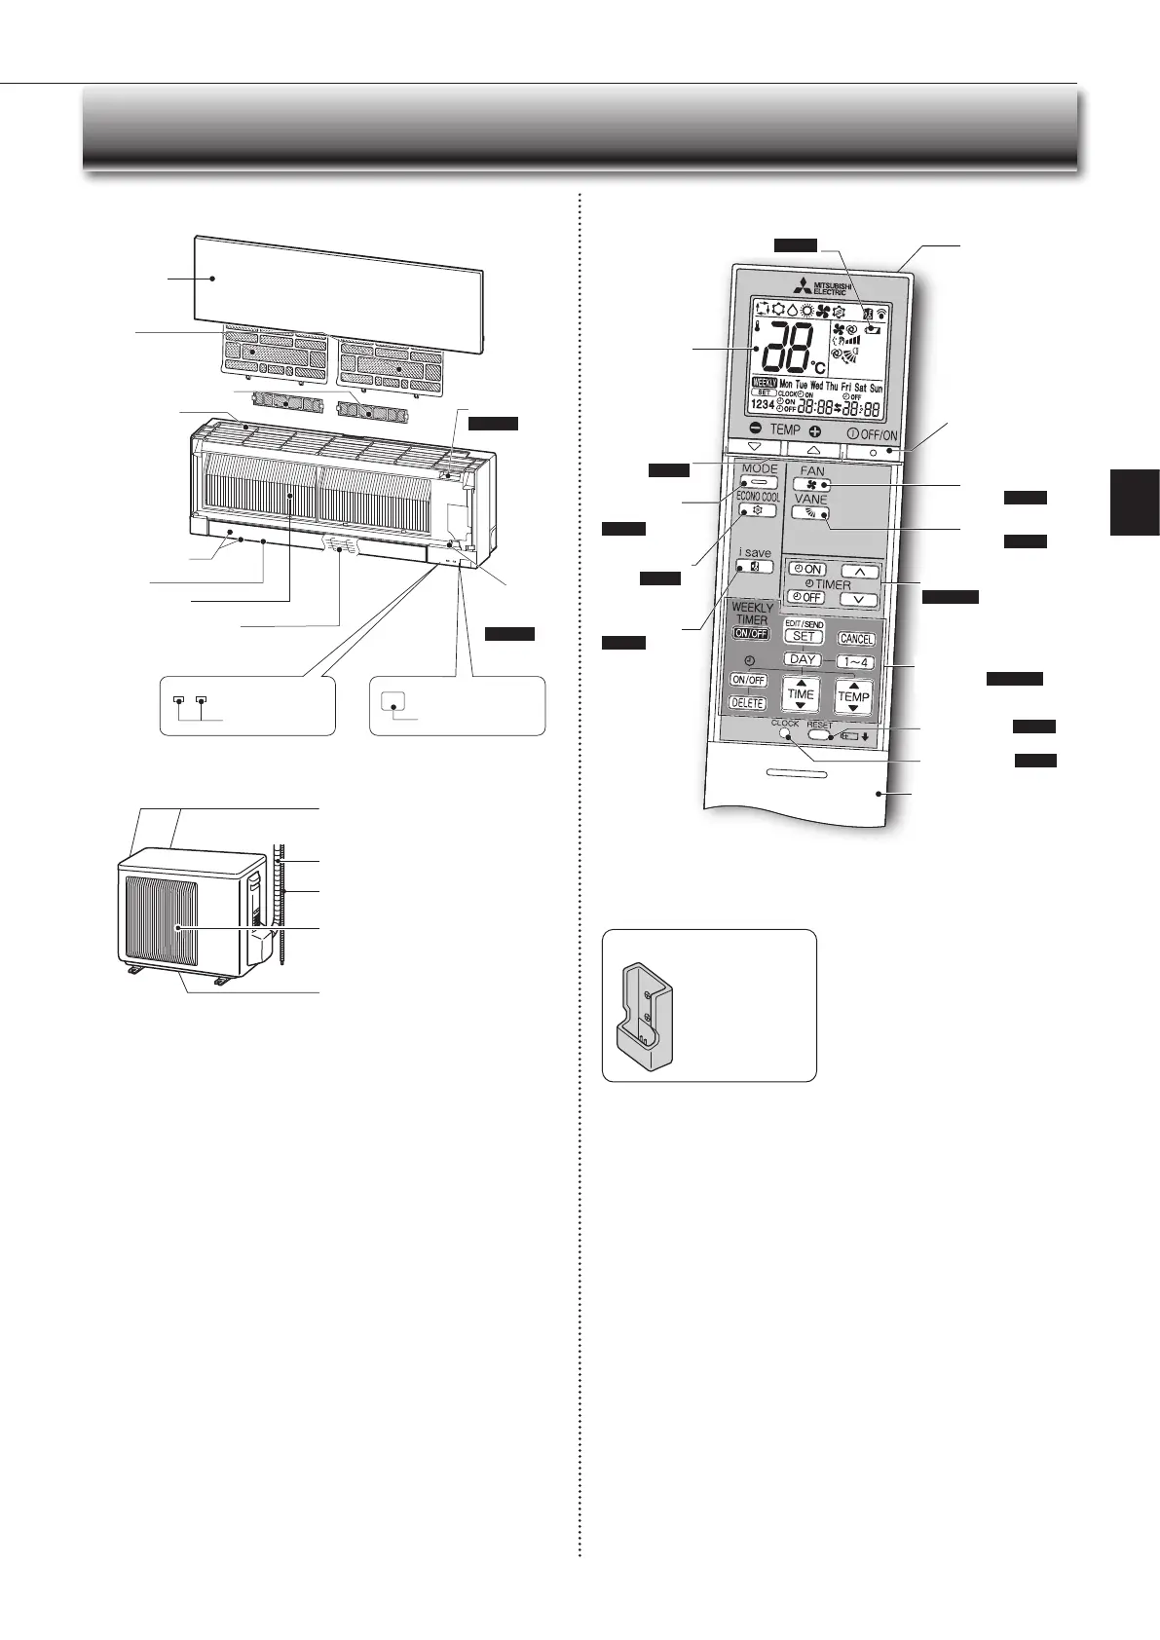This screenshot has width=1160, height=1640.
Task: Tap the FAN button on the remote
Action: pyautogui.click(x=811, y=484)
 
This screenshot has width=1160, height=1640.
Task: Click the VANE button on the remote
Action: pyautogui.click(x=811, y=512)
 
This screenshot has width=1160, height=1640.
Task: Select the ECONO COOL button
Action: pyautogui.click(x=757, y=510)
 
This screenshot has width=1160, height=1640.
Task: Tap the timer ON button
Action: pyautogui.click(x=807, y=570)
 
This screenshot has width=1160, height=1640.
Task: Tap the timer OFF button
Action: pyautogui.click(x=806, y=597)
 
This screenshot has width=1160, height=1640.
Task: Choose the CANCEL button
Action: pyautogui.click(x=856, y=639)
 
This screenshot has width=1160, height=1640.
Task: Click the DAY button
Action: pyautogui.click(x=803, y=659)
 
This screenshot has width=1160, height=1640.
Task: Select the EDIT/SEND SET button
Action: pyautogui.click(x=804, y=636)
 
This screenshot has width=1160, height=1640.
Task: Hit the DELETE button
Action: pyautogui.click(x=748, y=703)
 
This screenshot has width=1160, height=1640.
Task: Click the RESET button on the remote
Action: pyautogui.click(x=819, y=735)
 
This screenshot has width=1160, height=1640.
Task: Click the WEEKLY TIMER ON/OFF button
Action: pyautogui.click(x=751, y=633)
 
